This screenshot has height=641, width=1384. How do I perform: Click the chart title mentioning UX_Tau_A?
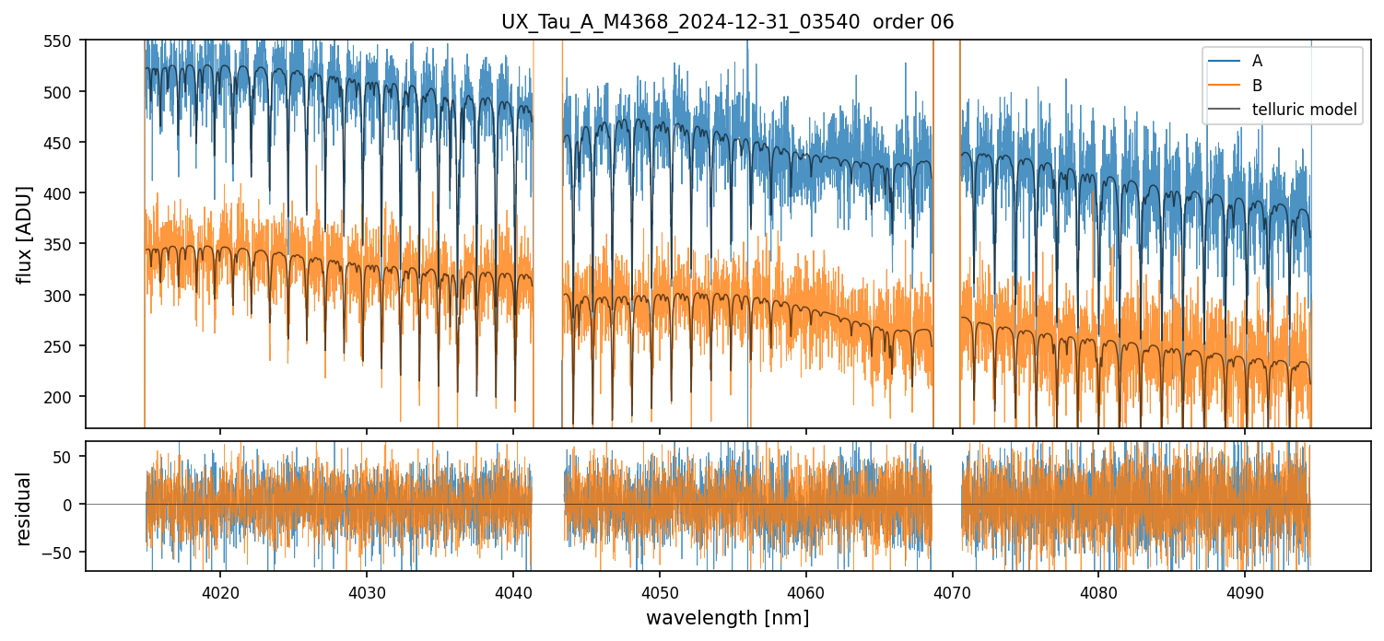(728, 22)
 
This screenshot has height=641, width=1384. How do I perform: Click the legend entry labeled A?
(1257, 62)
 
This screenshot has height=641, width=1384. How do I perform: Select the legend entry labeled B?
(1257, 86)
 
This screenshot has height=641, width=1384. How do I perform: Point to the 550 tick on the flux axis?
(65, 41)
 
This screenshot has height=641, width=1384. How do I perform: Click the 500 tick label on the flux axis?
(65, 92)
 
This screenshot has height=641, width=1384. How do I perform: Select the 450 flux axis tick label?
(65, 143)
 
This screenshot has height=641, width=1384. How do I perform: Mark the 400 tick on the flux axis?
(65, 193)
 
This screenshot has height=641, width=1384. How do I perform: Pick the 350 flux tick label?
(65, 244)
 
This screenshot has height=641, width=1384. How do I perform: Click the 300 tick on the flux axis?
(65, 296)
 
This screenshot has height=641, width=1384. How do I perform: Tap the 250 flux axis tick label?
(65, 346)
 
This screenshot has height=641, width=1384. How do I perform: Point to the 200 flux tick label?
(65, 397)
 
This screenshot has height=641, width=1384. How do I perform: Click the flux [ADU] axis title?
(25, 234)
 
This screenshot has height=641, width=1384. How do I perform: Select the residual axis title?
(25, 508)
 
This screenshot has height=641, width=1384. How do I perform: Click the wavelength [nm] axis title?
(728, 618)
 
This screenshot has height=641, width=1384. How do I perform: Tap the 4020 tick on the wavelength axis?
(220, 590)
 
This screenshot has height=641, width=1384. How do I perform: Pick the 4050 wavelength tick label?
(660, 590)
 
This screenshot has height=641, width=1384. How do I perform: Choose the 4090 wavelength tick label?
(1245, 590)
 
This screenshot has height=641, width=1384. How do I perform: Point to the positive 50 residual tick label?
(69, 457)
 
